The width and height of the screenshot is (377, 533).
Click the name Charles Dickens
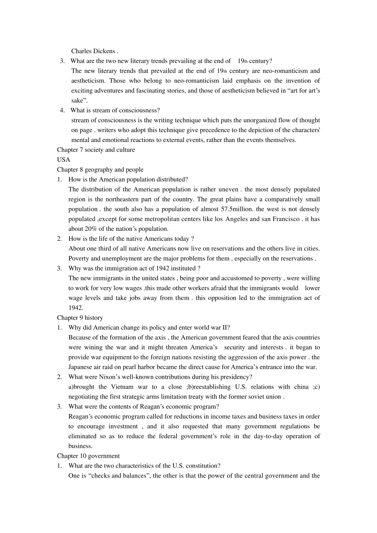coord(93,51)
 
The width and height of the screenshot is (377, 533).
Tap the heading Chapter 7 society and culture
coord(96,150)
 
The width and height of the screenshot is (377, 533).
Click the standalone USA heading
coord(63,160)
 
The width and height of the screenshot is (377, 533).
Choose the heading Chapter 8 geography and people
coord(100,170)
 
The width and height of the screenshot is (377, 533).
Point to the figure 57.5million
coord(237,209)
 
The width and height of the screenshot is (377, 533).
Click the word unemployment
coord(121,259)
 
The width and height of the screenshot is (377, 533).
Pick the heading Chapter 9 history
coord(80,318)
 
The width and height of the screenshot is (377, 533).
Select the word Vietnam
coord(122,387)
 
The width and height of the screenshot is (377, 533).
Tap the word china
coord(301,387)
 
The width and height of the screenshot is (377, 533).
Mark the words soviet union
coord(265,397)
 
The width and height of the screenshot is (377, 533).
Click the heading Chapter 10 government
coord(88,456)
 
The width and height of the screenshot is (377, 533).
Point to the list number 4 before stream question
coord(62,111)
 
